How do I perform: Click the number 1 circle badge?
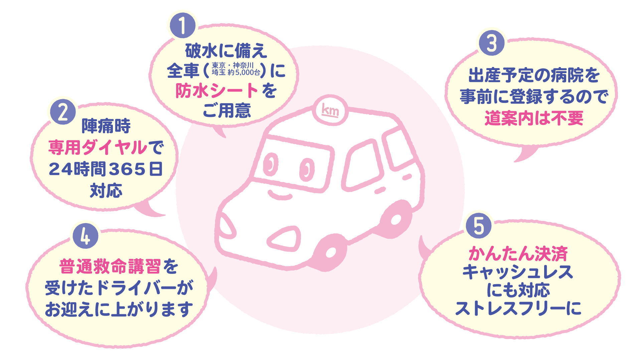pyautogui.click(x=182, y=25)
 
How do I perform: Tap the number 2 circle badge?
pyautogui.click(x=63, y=112)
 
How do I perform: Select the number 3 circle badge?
pyautogui.click(x=491, y=43)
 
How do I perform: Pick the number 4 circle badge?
pyautogui.click(x=86, y=236)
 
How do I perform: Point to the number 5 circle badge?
pyautogui.click(x=478, y=226)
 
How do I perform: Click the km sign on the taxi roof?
pyautogui.click(x=330, y=110)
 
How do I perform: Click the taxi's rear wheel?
pyautogui.click(x=396, y=219)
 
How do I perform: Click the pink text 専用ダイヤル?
pyautogui.click(x=98, y=147)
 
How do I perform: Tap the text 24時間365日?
pyautogui.click(x=106, y=169)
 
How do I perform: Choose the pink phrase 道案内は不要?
pyautogui.click(x=533, y=118)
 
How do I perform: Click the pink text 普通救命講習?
pyautogui.click(x=110, y=267)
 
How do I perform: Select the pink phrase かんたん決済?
pyautogui.click(x=518, y=254)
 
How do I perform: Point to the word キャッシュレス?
pyautogui.click(x=518, y=272)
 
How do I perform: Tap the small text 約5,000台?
pyautogui.click(x=244, y=72)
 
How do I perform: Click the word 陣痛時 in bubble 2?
pyautogui.click(x=106, y=126)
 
